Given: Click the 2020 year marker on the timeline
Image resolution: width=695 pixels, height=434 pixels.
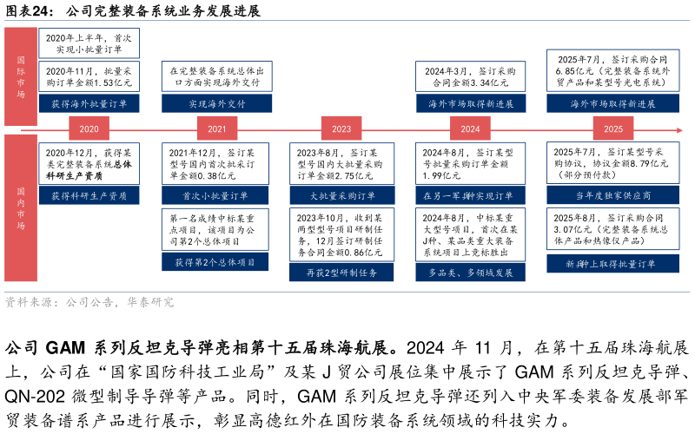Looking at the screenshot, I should pyautogui.click(x=89, y=128).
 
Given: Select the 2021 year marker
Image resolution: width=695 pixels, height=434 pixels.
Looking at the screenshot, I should pyautogui.click(x=216, y=128).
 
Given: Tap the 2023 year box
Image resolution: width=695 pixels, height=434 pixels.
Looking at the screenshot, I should pyautogui.click(x=341, y=128).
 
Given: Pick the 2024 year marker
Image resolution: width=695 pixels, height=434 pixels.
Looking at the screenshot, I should pyautogui.click(x=470, y=128).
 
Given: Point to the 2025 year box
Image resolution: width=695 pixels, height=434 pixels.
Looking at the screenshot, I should pyautogui.click(x=613, y=128).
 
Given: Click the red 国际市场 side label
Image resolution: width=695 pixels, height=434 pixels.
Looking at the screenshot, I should pyautogui.click(x=21, y=76).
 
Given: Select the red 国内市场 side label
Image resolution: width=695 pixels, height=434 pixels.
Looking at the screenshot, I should pyautogui.click(x=21, y=207).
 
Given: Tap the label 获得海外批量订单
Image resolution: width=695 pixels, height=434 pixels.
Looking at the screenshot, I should pyautogui.click(x=89, y=103).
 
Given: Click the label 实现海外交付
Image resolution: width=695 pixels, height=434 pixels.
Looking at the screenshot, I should pyautogui.click(x=216, y=103).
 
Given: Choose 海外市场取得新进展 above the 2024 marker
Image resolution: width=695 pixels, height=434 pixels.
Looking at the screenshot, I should pyautogui.click(x=470, y=103).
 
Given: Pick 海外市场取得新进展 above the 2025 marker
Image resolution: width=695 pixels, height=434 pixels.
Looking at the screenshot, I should pyautogui.click(x=612, y=103).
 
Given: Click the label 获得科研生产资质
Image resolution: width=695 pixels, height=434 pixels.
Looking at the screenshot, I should pyautogui.click(x=89, y=195).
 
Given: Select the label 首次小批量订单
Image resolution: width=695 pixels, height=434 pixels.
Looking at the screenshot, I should pyautogui.click(x=215, y=195).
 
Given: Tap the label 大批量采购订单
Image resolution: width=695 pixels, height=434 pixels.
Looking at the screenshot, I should pyautogui.click(x=342, y=195).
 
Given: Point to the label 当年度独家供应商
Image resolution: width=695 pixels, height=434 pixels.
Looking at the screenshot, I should pyautogui.click(x=612, y=195).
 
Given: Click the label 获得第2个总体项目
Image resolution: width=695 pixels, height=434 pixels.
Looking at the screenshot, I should pyautogui.click(x=215, y=261).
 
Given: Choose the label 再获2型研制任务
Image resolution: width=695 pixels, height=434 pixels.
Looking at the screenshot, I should pyautogui.click(x=341, y=272).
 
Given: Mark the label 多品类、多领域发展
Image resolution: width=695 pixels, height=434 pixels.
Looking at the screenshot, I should pyautogui.click(x=470, y=272).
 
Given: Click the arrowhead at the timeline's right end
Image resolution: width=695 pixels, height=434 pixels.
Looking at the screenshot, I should pyautogui.click(x=679, y=130).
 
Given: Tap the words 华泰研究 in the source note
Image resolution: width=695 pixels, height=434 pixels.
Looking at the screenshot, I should pyautogui.click(x=149, y=302).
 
